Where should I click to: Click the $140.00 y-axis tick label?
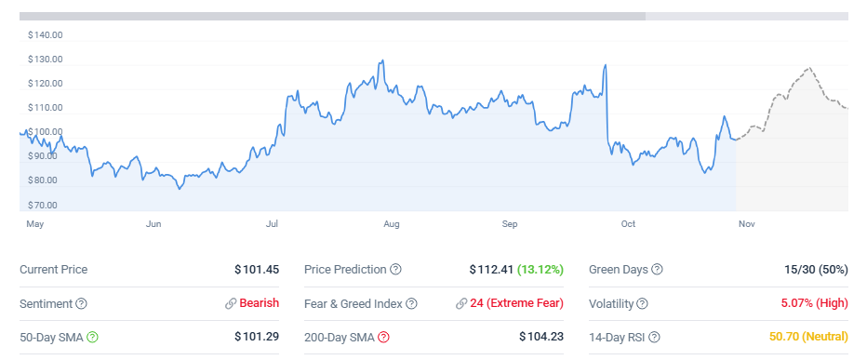point(45,35)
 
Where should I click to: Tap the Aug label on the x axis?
point(392,224)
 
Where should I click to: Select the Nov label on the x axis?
point(745,224)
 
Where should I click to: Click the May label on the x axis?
point(35,224)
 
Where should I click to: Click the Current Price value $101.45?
point(257,270)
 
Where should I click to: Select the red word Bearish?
point(260,303)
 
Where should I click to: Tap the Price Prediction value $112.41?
point(491,270)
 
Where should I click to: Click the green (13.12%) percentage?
point(540,270)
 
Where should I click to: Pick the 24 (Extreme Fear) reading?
point(516,303)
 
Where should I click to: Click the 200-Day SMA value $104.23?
point(541,337)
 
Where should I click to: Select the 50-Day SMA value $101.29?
point(257,337)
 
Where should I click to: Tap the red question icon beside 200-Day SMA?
point(383,337)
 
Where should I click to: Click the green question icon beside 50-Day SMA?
point(92,337)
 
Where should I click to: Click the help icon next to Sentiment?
point(81,303)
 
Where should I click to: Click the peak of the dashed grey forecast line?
point(808,68)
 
